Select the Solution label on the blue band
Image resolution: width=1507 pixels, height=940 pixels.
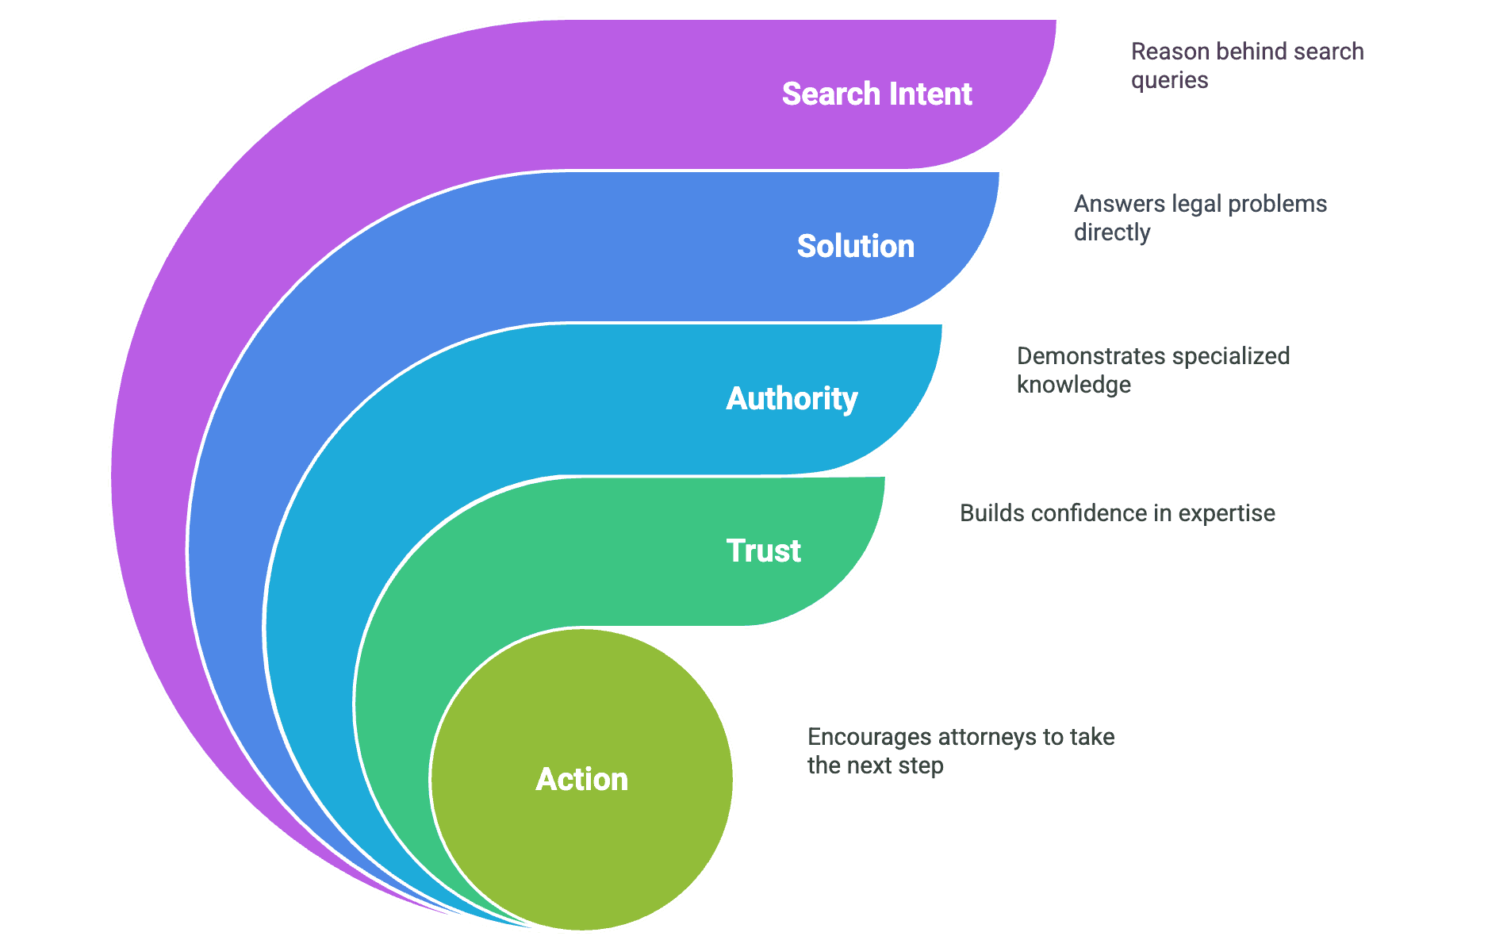pos(855,247)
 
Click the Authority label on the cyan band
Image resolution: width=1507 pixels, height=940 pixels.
pos(792,399)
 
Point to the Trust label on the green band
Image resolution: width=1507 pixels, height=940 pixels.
pos(763,551)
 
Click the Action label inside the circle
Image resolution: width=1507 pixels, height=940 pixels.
pos(581,780)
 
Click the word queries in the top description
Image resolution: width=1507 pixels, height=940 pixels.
pos(1169,81)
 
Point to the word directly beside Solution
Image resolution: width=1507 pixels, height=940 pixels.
pos(1111,233)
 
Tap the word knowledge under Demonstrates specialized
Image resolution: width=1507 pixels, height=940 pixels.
pos(1073,386)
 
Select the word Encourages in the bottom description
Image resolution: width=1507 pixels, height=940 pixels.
pos(869,738)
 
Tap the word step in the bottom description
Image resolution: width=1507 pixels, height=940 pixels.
pos(925,766)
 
